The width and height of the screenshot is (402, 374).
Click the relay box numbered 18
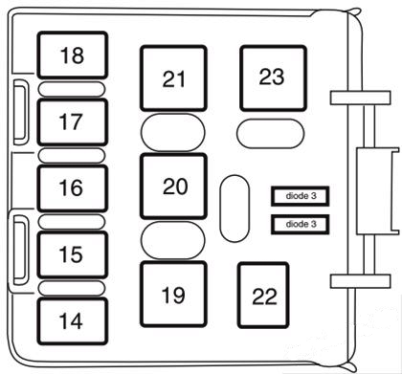[x=72, y=56]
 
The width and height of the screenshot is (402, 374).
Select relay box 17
[x=72, y=121]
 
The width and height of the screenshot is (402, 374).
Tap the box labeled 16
[x=72, y=187]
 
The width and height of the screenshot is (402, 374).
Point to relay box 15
[x=72, y=254]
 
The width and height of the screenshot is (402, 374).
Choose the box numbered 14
[x=72, y=321]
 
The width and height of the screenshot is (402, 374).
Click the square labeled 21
[x=174, y=79]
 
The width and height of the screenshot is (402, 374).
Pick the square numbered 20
[x=174, y=187]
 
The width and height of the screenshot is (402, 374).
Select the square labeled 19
[x=173, y=295]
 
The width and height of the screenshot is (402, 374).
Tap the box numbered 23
[x=272, y=77]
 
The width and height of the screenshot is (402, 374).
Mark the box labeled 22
[x=264, y=295]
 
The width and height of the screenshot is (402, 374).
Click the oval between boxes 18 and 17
[x=72, y=89]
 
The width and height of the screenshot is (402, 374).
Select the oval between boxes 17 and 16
[x=72, y=155]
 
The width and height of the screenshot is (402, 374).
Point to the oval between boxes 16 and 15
[x=72, y=221]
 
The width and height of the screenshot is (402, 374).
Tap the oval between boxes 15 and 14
[x=72, y=288]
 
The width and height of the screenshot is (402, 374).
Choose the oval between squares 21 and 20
[x=173, y=132]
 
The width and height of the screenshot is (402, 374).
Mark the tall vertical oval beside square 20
[x=234, y=206]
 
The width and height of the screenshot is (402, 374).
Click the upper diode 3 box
[x=300, y=196]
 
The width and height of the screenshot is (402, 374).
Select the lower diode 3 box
[x=300, y=225]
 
